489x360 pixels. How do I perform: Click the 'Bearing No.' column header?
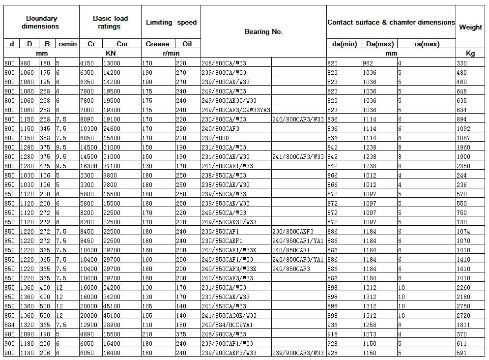(263, 32)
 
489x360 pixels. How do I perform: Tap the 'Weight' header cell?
(470, 27)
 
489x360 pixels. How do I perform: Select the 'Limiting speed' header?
(171, 22)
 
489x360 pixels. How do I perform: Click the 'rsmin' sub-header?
(67, 44)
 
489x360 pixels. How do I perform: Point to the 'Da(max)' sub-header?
(379, 44)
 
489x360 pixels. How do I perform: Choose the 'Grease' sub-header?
(157, 44)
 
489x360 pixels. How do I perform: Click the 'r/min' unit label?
(171, 53)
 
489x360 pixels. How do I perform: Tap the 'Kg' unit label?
(470, 53)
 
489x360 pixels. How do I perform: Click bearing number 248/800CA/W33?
(224, 63)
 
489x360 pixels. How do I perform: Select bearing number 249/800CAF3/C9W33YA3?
(236, 110)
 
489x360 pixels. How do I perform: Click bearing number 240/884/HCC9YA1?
(227, 325)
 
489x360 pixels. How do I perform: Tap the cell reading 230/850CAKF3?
(293, 231)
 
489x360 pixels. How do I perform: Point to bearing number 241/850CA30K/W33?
(229, 315)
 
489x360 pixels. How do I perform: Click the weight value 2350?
(464, 166)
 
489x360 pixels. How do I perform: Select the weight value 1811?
(464, 325)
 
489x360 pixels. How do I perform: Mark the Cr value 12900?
(89, 325)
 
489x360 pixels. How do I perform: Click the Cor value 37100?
(112, 166)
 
